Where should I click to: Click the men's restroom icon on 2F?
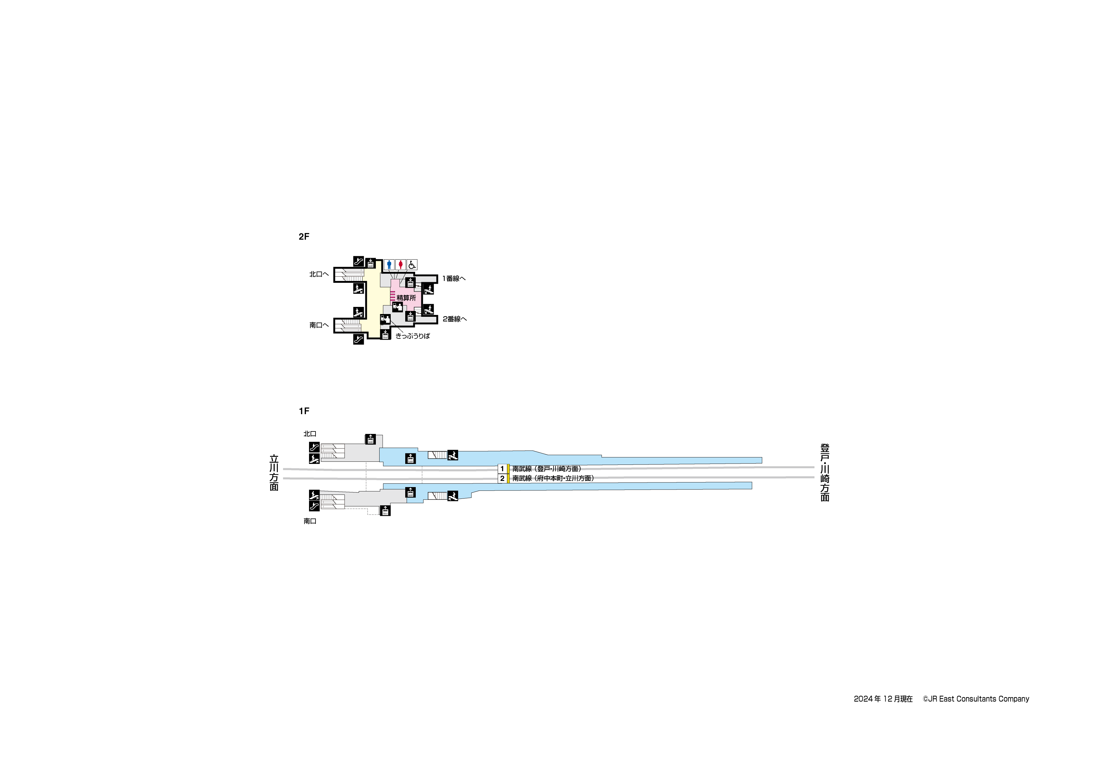(x=389, y=264)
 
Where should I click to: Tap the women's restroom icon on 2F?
(x=401, y=264)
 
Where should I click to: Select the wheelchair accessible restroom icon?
(x=412, y=264)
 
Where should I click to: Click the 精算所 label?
(x=406, y=298)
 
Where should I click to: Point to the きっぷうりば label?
(x=413, y=336)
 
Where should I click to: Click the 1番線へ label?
(x=454, y=279)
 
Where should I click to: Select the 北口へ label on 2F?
(x=319, y=274)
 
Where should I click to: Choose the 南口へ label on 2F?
(x=319, y=325)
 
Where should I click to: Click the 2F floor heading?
(x=304, y=236)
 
